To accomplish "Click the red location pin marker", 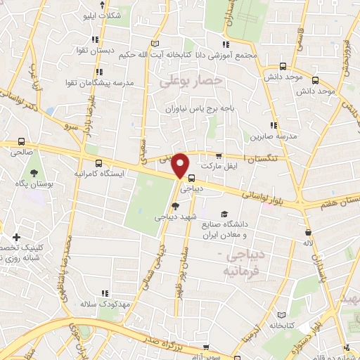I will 181,166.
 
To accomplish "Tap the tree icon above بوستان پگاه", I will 33,173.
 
